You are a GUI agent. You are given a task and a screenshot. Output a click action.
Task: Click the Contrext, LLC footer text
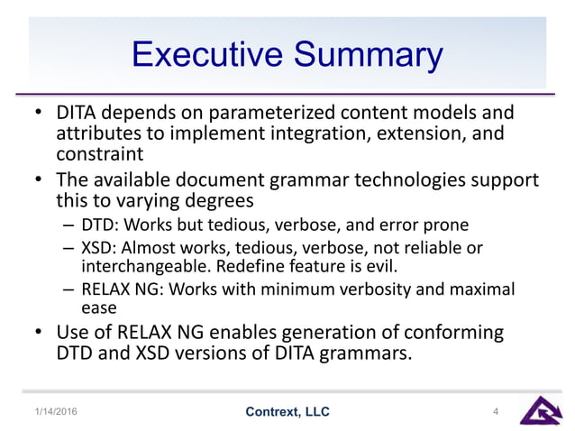287,412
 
